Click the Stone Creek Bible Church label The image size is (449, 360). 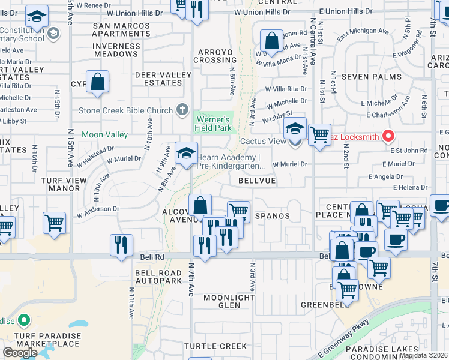[x=126, y=111]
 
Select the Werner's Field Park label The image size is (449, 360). [x=213, y=124]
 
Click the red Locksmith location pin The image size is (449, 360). [x=388, y=136]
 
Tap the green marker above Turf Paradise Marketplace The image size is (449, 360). [x=23, y=320]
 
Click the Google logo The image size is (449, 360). [x=20, y=352]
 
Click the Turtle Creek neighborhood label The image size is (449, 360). [x=215, y=346]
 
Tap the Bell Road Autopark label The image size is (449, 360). [x=158, y=277]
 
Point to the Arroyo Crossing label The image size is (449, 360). [x=214, y=56]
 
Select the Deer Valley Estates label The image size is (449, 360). [x=163, y=79]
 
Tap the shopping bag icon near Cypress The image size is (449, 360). [x=97, y=82]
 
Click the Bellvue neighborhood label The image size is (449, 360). [x=256, y=180]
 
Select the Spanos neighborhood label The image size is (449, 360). [x=273, y=215]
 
